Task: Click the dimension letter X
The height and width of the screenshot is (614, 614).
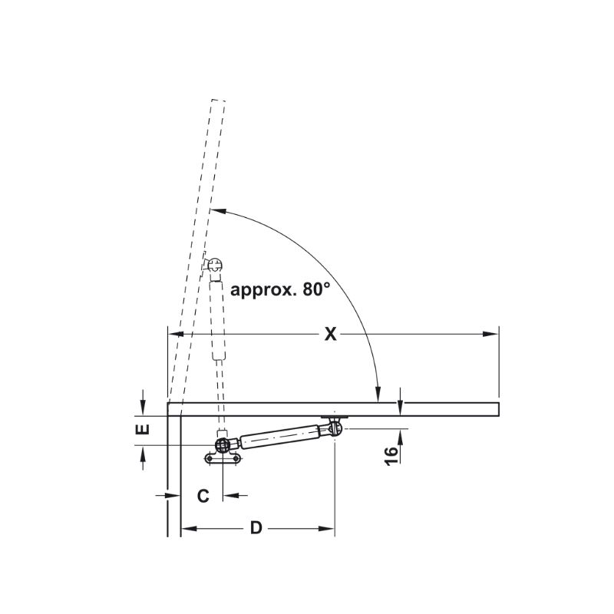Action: (331, 334)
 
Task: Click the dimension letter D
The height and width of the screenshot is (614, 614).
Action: (256, 528)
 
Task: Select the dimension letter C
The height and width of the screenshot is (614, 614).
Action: (203, 496)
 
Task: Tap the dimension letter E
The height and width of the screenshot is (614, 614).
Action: (143, 429)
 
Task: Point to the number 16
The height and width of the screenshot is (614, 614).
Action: (391, 455)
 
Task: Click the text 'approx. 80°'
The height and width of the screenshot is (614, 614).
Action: (280, 290)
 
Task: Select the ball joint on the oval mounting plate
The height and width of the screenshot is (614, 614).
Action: (223, 445)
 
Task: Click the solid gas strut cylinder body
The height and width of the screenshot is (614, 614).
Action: (279, 435)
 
